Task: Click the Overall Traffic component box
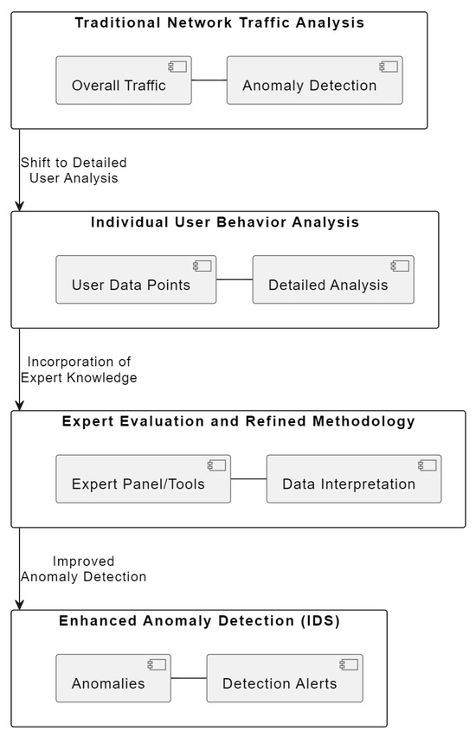coord(124,81)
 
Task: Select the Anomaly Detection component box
coord(314,81)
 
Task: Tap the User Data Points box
coord(136,280)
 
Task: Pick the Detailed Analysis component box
coord(333,280)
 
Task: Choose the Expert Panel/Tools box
coord(143,479)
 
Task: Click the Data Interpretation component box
coord(353,479)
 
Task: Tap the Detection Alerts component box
coord(284,679)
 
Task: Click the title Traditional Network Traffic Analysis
coord(220,23)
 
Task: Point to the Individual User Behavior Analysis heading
coord(225,222)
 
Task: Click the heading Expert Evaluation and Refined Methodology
coord(239,422)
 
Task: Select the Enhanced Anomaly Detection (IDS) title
coord(199,621)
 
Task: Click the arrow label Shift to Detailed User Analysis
coord(74,170)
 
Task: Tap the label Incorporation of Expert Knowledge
coord(79,369)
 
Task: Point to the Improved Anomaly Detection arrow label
coord(83,568)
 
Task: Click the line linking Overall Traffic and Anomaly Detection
coord(209,81)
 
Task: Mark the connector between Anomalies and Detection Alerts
coord(188,679)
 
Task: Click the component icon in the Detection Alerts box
coord(349,664)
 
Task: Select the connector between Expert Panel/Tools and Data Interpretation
coord(248,479)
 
